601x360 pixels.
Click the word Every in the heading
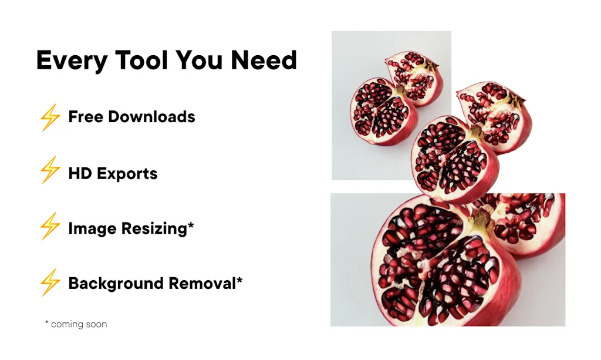pyautogui.click(x=72, y=60)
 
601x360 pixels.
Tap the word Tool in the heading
pyautogui.click(x=141, y=60)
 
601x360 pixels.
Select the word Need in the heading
pyautogui.click(x=264, y=60)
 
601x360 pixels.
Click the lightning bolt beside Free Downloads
pyautogui.click(x=50, y=117)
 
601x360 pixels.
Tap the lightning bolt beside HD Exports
pyautogui.click(x=50, y=170)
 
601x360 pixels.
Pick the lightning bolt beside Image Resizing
pyautogui.click(x=50, y=226)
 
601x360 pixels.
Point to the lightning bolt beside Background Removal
pyautogui.click(x=50, y=282)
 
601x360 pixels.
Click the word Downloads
pyautogui.click(x=151, y=116)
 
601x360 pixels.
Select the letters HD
pyautogui.click(x=80, y=173)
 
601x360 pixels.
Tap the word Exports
pyautogui.click(x=127, y=174)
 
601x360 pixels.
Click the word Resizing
pyautogui.click(x=154, y=228)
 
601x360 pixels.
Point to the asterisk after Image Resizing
pyautogui.click(x=191, y=225)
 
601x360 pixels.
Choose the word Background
pyautogui.click(x=116, y=284)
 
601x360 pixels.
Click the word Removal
pyautogui.click(x=202, y=283)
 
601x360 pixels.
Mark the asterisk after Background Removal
pyautogui.click(x=239, y=280)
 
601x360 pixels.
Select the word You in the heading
pyautogui.click(x=199, y=60)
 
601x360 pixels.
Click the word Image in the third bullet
pyautogui.click(x=93, y=228)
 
